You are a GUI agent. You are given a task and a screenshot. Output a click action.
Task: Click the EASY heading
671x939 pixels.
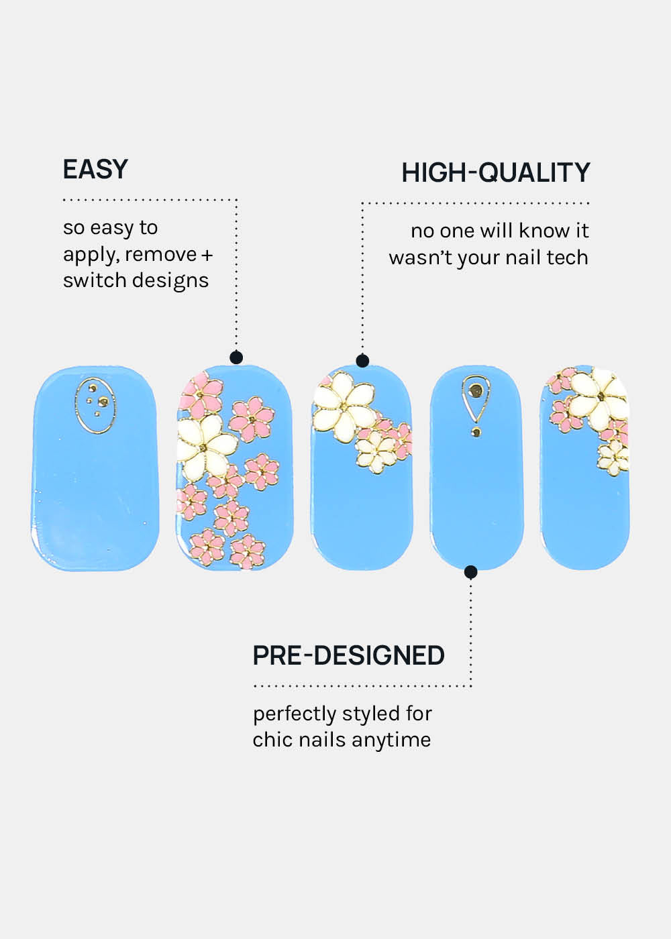click(95, 169)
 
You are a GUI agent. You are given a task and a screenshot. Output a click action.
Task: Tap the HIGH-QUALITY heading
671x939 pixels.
click(495, 173)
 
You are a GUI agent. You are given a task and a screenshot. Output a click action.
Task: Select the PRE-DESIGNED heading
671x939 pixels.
click(348, 655)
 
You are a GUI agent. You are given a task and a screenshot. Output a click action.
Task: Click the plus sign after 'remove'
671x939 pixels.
click(207, 255)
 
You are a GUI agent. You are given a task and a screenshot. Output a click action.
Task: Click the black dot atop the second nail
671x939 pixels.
click(236, 357)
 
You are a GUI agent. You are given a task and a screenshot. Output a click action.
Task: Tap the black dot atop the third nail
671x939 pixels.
click(362, 361)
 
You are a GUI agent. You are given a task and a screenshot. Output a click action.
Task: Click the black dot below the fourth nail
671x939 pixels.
click(471, 572)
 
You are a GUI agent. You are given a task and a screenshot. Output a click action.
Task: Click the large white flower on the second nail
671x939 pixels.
click(207, 445)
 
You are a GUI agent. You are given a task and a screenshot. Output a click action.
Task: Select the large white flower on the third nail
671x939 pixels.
click(344, 402)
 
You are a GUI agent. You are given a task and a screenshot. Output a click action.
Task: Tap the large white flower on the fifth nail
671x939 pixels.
click(599, 394)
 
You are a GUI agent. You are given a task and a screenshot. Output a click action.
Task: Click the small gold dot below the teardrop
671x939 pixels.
click(476, 433)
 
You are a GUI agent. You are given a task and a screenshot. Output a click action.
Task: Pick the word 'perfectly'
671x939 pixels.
click(292, 714)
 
